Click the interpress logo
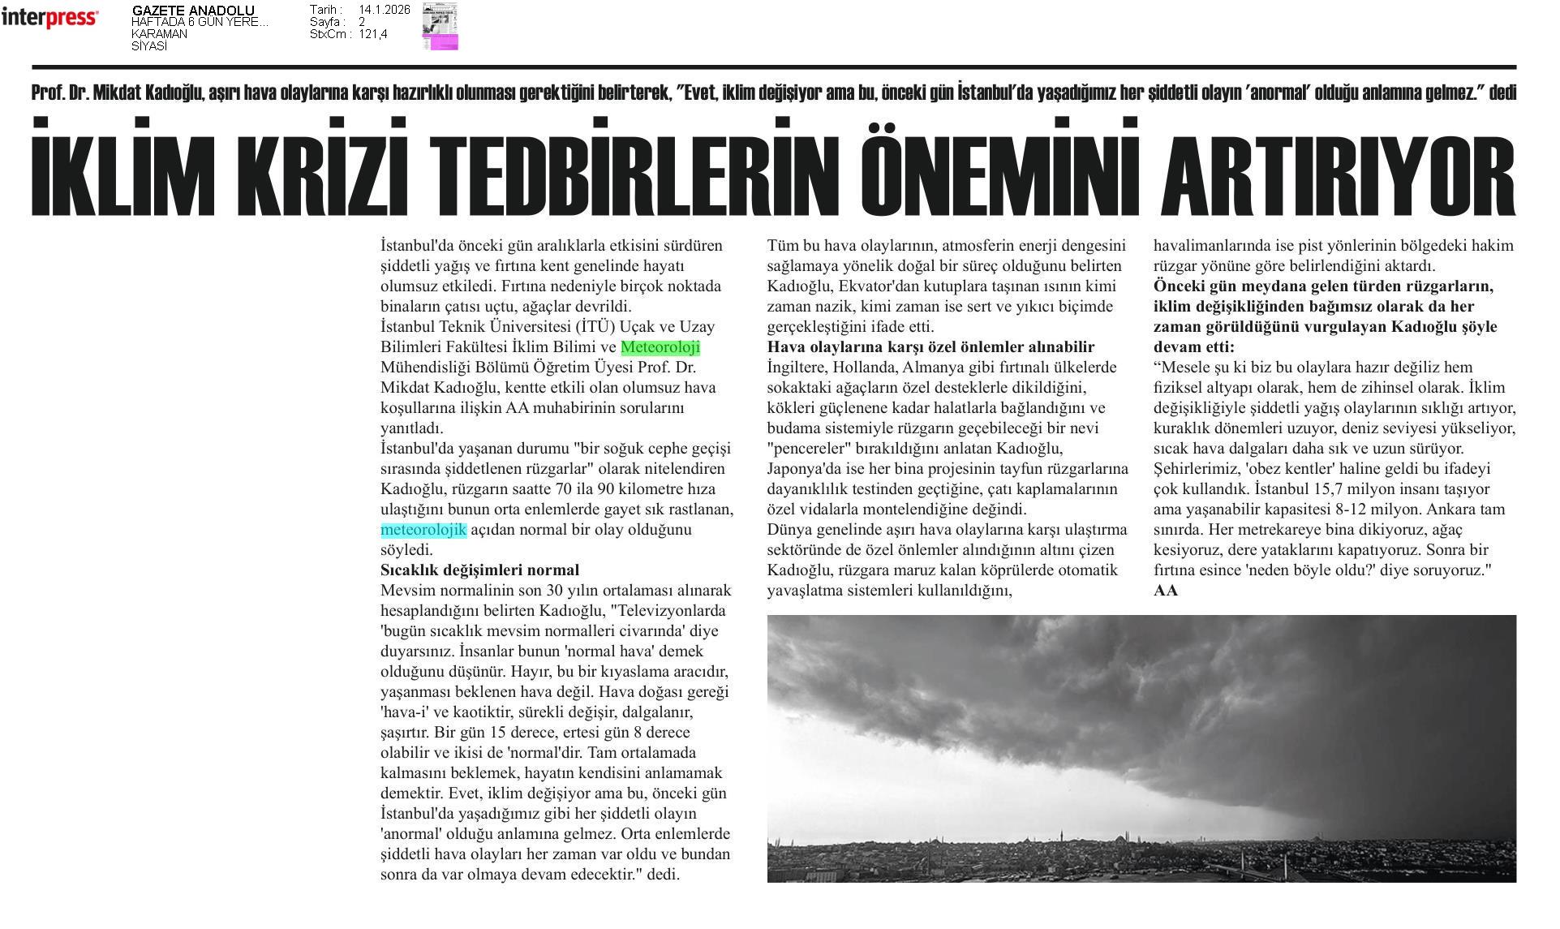click(49, 17)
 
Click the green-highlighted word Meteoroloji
click(660, 347)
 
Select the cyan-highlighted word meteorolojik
click(423, 530)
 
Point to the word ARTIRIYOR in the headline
click(1338, 169)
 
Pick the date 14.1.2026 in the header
click(384, 10)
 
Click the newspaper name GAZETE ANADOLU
click(193, 11)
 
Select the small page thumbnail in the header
click(440, 26)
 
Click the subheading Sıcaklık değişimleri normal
click(479, 570)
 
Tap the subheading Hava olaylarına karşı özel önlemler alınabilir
click(930, 347)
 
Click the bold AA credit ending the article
click(1165, 591)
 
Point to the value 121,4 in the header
click(373, 34)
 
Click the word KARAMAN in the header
click(159, 34)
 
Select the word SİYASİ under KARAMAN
click(149, 46)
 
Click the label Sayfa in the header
click(325, 22)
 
